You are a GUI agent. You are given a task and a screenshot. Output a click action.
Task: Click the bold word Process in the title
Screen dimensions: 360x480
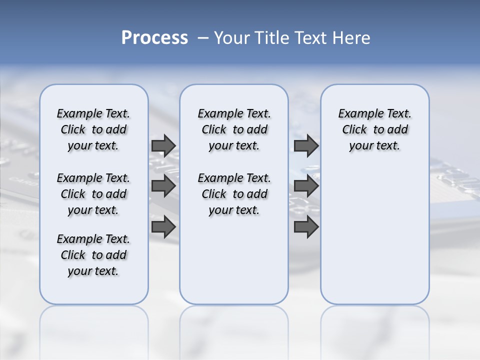[x=154, y=38]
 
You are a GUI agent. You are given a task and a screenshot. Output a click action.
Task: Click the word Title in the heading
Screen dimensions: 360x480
[x=271, y=38]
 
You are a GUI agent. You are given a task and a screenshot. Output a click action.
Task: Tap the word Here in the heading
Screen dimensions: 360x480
[x=352, y=38]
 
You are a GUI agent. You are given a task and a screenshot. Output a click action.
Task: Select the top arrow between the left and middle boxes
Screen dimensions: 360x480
[x=163, y=145]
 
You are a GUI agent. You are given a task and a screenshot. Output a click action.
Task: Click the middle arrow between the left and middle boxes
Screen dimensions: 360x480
[x=163, y=186]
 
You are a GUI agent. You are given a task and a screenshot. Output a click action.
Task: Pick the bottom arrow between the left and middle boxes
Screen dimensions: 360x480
[x=163, y=226]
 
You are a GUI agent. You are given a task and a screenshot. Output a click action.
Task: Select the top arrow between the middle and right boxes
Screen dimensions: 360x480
[x=306, y=145]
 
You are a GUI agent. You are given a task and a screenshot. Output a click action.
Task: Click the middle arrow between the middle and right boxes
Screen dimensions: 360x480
[x=306, y=186]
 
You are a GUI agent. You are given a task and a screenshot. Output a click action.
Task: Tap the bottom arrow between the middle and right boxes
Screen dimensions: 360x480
[x=306, y=226]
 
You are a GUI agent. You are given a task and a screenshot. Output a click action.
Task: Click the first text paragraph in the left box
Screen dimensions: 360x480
[x=93, y=129]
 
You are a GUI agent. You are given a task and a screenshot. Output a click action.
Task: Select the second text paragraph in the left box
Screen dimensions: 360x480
[x=93, y=194]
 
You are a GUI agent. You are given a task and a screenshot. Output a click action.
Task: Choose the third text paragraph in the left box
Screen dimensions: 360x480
[x=93, y=255]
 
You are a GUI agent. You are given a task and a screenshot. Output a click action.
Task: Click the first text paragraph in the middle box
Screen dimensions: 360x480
[x=234, y=129]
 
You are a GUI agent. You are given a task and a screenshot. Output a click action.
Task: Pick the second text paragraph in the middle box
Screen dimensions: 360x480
[x=234, y=194]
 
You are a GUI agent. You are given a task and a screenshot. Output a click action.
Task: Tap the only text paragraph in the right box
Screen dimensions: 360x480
[x=375, y=129]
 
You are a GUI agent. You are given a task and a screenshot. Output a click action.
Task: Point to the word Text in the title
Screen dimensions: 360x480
[x=313, y=38]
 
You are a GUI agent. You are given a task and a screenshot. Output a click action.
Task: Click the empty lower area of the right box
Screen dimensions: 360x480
[x=375, y=240]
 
